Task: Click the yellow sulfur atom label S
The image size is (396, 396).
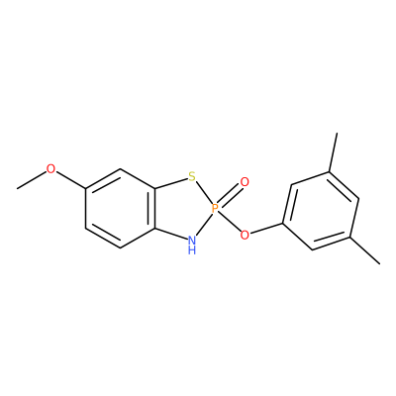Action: [x=192, y=177]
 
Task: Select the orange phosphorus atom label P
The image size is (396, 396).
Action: [x=215, y=208]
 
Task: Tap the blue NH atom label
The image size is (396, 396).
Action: [x=192, y=245]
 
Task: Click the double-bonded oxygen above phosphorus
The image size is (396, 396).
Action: [x=245, y=182]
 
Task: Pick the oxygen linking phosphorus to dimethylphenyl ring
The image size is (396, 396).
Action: [x=245, y=235]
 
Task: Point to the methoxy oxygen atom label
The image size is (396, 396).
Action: [x=50, y=169]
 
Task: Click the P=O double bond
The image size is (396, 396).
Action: [x=230, y=195]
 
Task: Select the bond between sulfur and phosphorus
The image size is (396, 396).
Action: [x=203, y=193]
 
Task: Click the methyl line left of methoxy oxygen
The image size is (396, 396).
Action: [x=32, y=180]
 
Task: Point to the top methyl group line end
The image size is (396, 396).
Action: [x=337, y=133]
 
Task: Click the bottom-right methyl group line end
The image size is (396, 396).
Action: [x=380, y=263]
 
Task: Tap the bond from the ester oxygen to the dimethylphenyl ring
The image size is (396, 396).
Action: [x=266, y=230]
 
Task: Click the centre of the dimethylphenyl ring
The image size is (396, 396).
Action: [x=321, y=211]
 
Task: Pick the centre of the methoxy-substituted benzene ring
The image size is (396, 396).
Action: [x=120, y=208]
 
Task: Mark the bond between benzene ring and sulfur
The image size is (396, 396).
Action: [x=171, y=184]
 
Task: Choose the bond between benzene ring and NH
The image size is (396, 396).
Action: [x=170, y=233]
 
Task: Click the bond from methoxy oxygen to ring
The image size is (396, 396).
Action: [x=70, y=180]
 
